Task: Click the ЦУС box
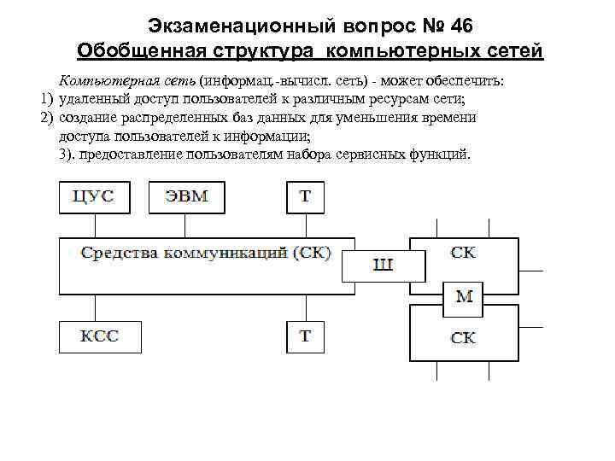94,196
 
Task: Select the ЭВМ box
185,196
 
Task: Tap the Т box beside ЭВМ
304,196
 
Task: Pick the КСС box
94,336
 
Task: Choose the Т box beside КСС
304,336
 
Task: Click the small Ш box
383,266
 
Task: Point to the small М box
463,296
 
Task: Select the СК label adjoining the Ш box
463,253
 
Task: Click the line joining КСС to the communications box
94,308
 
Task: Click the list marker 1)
46,98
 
